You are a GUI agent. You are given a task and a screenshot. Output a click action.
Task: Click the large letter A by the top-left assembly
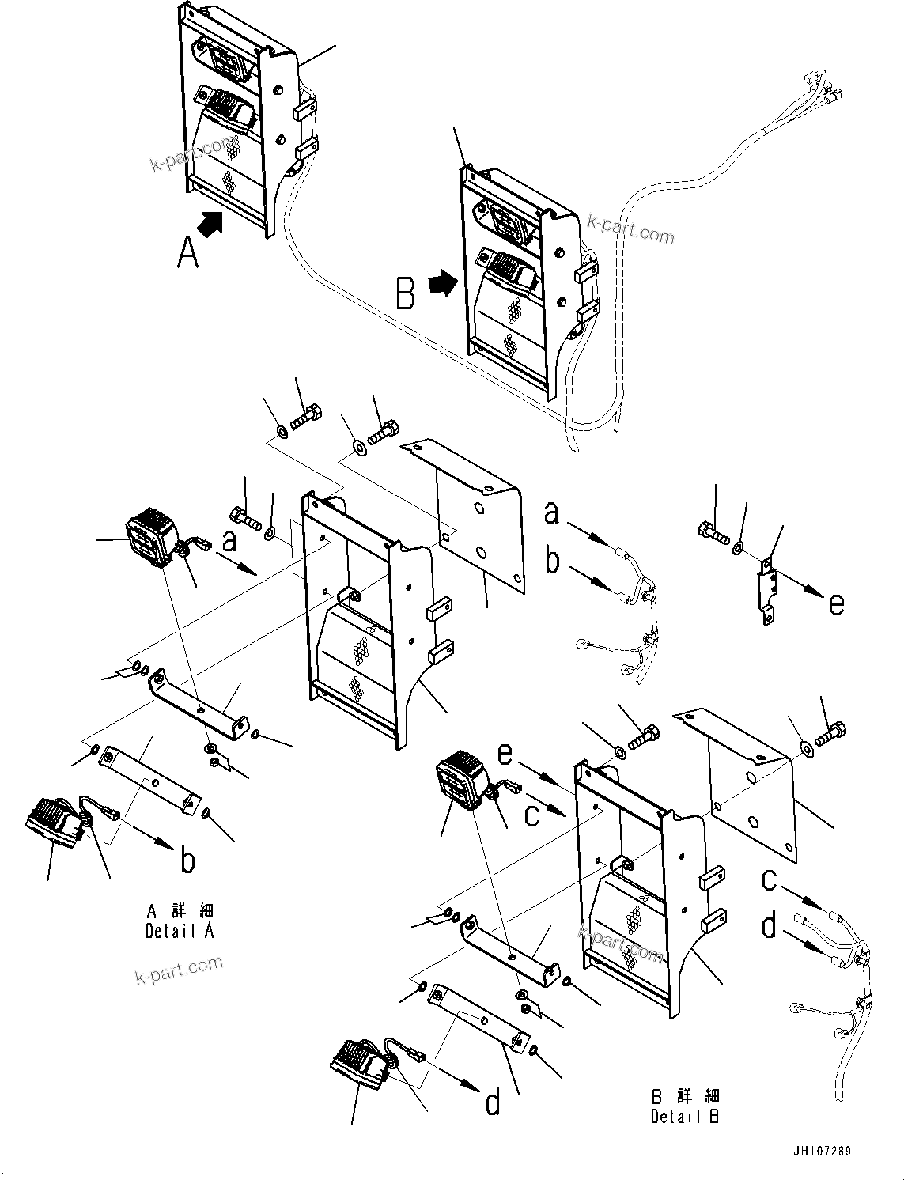pos(187,253)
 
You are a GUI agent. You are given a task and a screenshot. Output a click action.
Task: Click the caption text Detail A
pos(180,921)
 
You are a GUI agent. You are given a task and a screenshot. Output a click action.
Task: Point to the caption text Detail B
pos(685,1107)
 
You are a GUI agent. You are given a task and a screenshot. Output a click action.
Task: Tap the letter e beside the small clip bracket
pos(836,603)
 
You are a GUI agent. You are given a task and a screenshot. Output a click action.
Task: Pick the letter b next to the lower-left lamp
pos(187,861)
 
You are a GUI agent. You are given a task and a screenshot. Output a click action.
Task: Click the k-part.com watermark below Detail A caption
pos(179,970)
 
